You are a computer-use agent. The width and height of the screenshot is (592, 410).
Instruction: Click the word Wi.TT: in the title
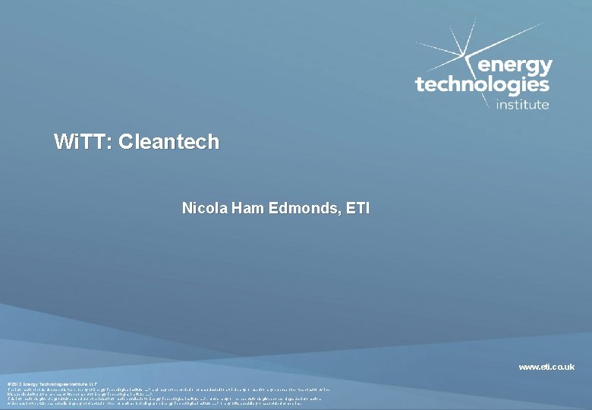pos(83,142)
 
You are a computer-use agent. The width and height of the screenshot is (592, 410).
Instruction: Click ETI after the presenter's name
pos(356,207)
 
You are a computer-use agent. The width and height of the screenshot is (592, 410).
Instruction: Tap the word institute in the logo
pos(522,105)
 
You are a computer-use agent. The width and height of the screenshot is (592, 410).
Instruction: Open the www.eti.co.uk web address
pos(546,367)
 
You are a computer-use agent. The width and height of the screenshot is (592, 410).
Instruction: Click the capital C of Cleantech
pos(126,142)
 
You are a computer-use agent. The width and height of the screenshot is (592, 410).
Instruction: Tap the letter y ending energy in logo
pos(545,68)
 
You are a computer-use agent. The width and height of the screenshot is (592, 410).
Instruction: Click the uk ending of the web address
pos(568,367)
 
